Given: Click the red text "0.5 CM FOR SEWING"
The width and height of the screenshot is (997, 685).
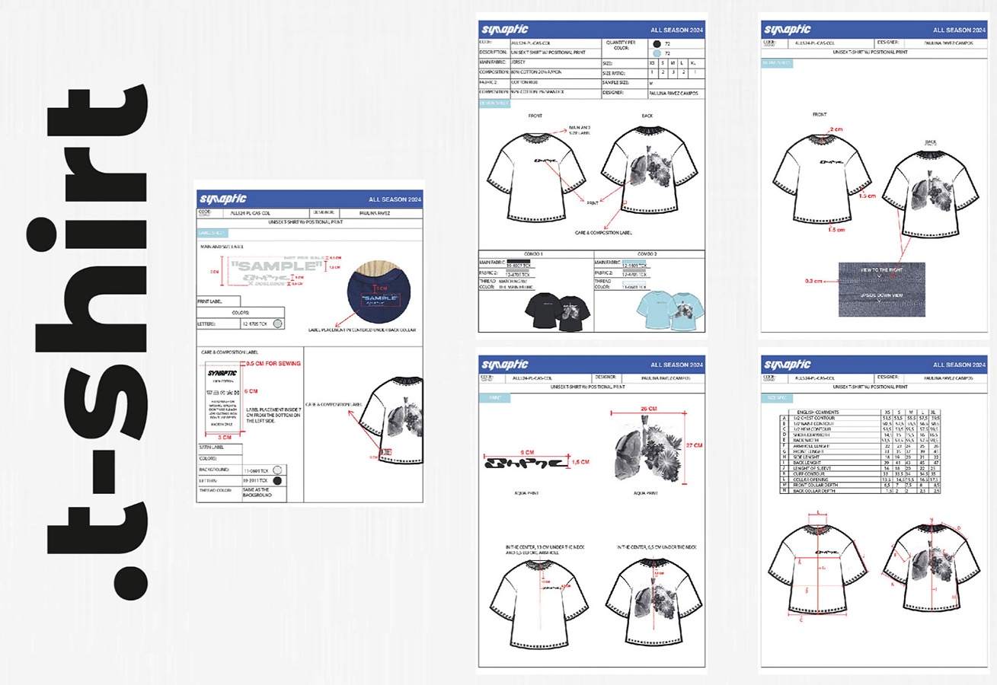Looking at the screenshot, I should (x=273, y=364).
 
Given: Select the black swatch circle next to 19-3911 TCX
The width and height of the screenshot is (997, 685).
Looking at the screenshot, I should (x=278, y=481).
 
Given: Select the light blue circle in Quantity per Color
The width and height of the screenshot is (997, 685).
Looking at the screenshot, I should (x=656, y=53).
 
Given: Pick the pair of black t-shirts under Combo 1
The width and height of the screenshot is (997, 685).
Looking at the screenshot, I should (x=553, y=310).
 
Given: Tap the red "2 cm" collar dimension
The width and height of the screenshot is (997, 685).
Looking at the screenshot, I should (x=836, y=130).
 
